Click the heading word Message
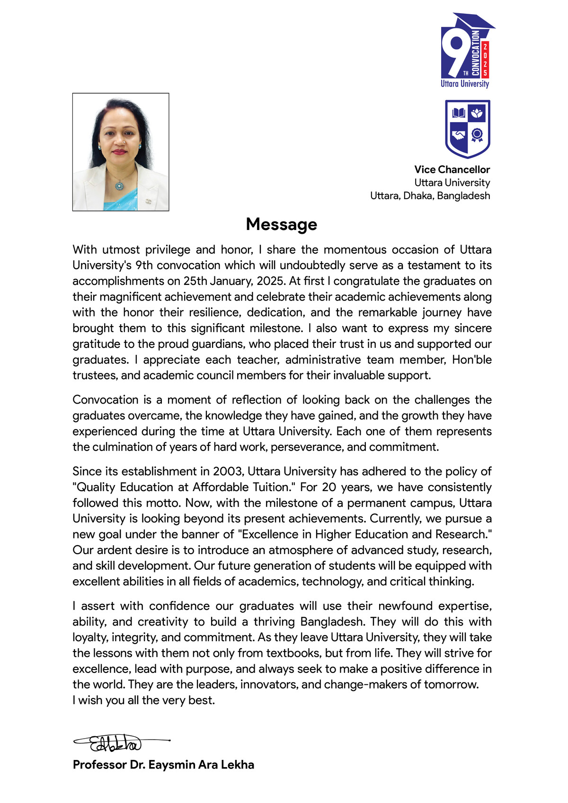(281, 224)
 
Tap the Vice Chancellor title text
(452, 169)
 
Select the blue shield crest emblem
(467, 129)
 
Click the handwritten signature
(116, 743)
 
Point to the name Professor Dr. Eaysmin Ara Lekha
(163, 765)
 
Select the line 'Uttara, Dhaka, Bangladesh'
(430, 196)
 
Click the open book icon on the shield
(458, 113)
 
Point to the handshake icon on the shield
(458, 135)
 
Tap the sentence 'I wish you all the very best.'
(143, 700)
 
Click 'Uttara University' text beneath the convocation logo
(465, 84)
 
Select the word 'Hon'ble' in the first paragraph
(471, 360)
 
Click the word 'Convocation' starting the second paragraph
(105, 400)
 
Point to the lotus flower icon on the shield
(477, 113)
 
